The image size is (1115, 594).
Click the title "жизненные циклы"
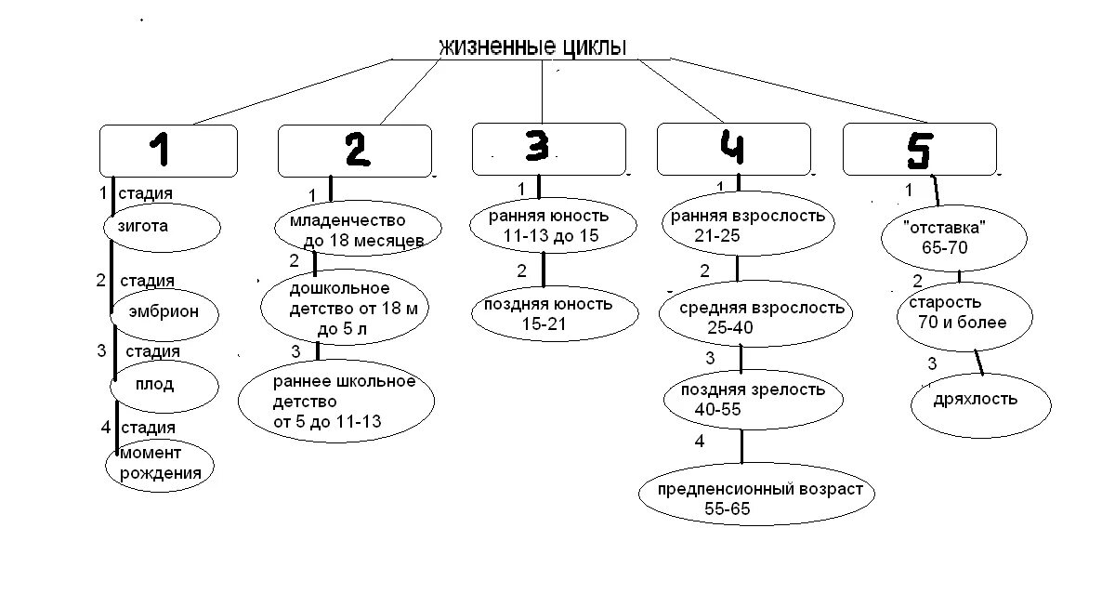(532, 46)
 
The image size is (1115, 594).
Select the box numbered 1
(168, 151)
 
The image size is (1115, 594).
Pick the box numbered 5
(919, 149)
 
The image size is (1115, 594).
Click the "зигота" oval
(162, 226)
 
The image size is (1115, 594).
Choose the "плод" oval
(164, 385)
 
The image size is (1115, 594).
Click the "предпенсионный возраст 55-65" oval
(757, 497)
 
